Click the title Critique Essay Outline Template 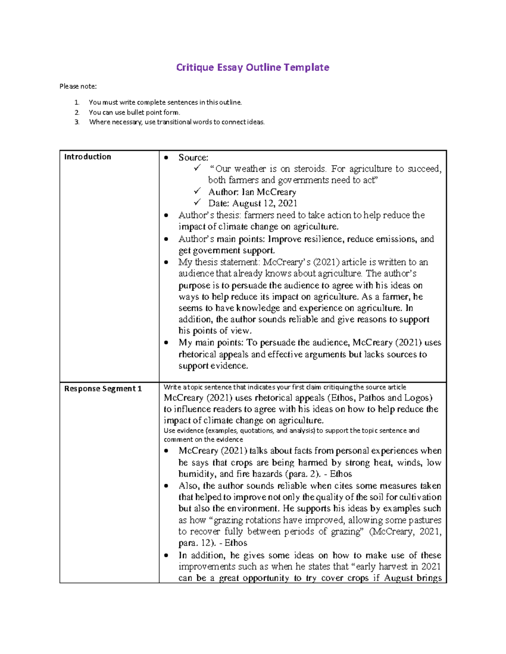point(253,67)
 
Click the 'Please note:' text point(78,86)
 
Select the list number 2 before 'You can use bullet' point(77,112)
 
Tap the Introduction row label point(87,157)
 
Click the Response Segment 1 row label point(103,389)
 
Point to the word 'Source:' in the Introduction point(193,157)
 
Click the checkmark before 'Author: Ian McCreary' point(197,191)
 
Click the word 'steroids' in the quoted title point(310,169)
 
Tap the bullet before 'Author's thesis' point(167,216)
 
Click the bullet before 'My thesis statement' point(167,262)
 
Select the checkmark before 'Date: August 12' point(197,203)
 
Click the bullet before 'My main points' point(167,343)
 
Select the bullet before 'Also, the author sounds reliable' point(167,486)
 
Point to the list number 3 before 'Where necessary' point(77,122)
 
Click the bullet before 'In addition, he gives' point(167,555)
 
